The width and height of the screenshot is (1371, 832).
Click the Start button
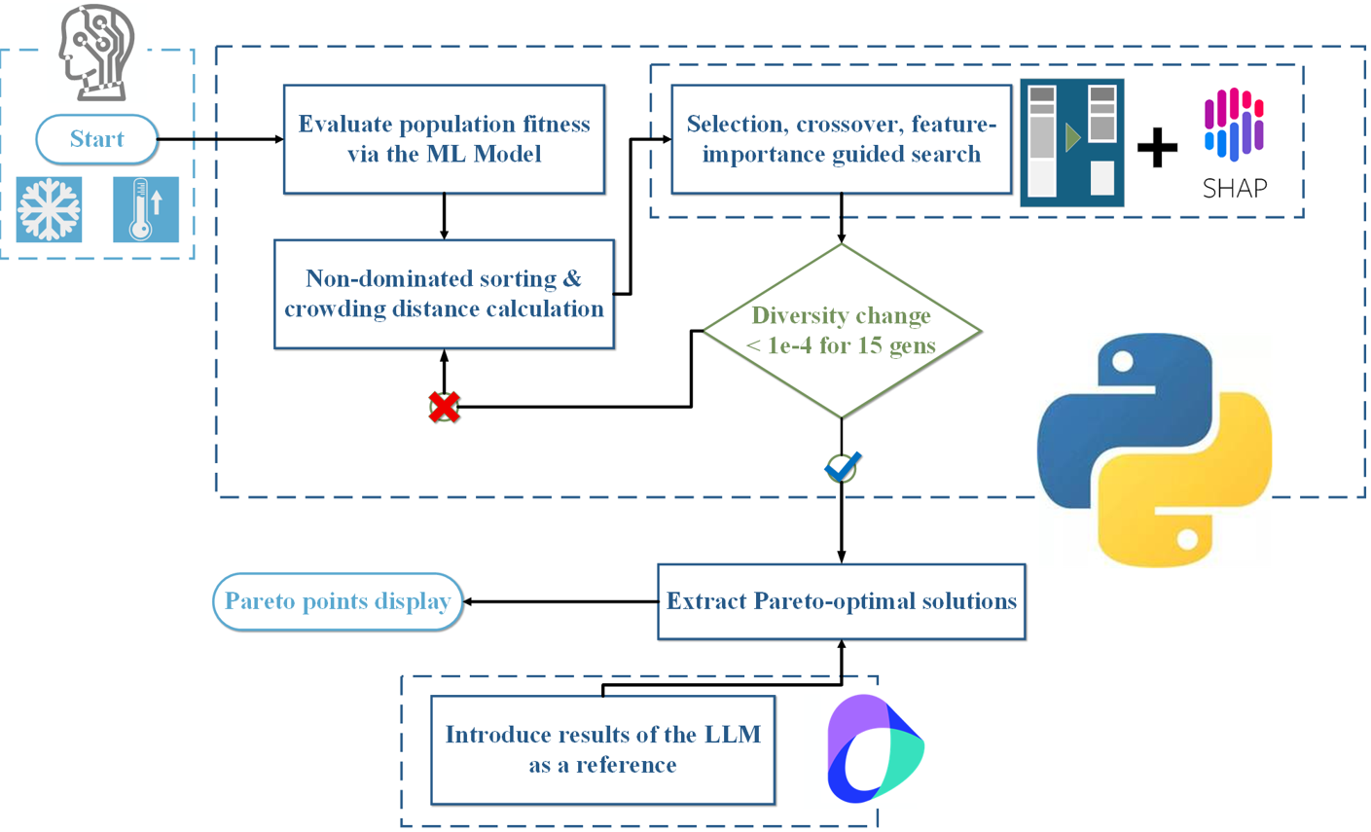pyautogui.click(x=96, y=139)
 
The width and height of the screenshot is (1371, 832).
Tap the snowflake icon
pyautogui.click(x=50, y=209)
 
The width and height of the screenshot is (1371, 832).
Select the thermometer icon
pyautogui.click(x=145, y=209)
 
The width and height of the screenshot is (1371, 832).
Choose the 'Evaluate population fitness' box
pyautogui.click(x=444, y=139)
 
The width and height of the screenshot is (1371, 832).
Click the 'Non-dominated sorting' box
pyautogui.click(x=444, y=294)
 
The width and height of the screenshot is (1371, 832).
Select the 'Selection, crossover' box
pyautogui.click(x=841, y=139)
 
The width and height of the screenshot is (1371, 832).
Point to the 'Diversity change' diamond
pyautogui.click(x=841, y=331)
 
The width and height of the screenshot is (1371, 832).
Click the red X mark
pyautogui.click(x=444, y=407)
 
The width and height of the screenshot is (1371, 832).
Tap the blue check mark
pyautogui.click(x=842, y=467)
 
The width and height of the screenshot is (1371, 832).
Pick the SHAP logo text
pyautogui.click(x=1235, y=188)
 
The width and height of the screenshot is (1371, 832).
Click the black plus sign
pyautogui.click(x=1157, y=148)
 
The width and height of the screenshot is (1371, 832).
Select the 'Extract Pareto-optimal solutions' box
pyautogui.click(x=841, y=601)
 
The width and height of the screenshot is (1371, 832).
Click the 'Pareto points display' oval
pyautogui.click(x=337, y=601)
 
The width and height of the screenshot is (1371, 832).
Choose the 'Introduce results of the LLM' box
pyautogui.click(x=602, y=749)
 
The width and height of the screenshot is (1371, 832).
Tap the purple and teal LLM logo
pyautogui.click(x=874, y=749)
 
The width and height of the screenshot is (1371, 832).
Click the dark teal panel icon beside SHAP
pyautogui.click(x=1071, y=142)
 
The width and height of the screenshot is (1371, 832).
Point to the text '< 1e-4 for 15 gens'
pyautogui.click(x=841, y=345)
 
